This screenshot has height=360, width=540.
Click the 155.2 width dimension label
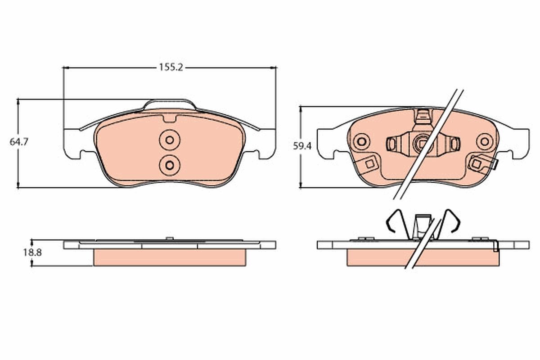tap(171, 67)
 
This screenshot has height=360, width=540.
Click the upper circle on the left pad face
tap(169, 140)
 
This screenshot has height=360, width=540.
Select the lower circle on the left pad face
tap(169, 164)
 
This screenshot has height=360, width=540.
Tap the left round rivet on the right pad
tap(361, 142)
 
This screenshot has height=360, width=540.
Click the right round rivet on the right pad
tap(484, 142)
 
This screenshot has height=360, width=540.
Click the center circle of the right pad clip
tap(422, 144)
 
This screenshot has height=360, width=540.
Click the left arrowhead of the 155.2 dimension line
tap(66, 67)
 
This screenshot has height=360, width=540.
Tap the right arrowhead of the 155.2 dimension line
tap(273, 67)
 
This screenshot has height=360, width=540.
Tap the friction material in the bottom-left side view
tap(170, 257)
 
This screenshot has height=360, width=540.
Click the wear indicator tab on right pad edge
tap(495, 165)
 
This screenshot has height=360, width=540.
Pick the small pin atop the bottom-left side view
tap(169, 238)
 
